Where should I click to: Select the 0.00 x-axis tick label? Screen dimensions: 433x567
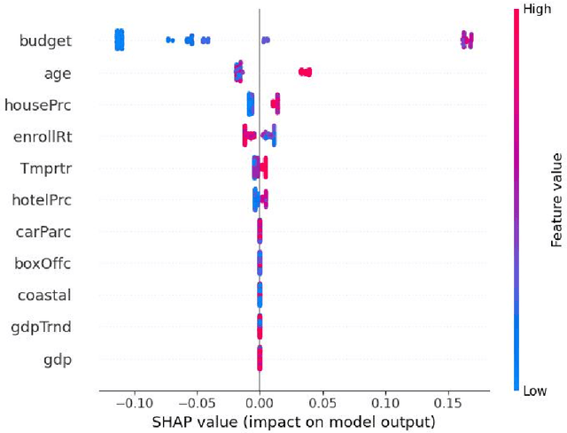[x=259, y=401]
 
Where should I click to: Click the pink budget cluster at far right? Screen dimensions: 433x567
[x=467, y=39]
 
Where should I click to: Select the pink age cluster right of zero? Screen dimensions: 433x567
[x=305, y=72]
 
